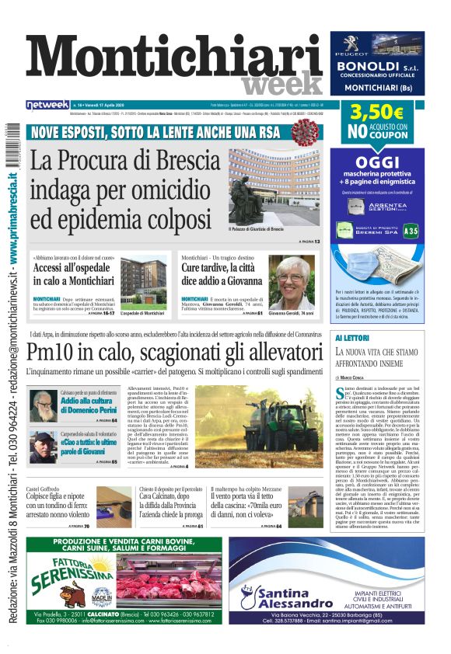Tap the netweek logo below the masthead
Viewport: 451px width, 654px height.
click(47, 104)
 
